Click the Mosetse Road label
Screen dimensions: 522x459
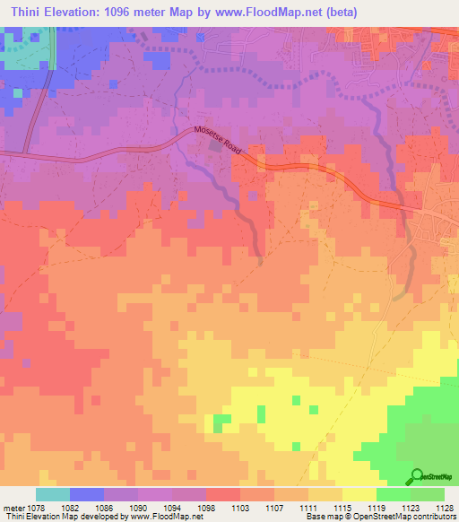click(219, 140)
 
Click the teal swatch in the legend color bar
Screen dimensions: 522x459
click(52, 494)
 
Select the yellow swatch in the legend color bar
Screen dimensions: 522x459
click(359, 494)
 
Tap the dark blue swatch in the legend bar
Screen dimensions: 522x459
click(86, 494)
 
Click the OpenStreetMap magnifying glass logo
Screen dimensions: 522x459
click(417, 476)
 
